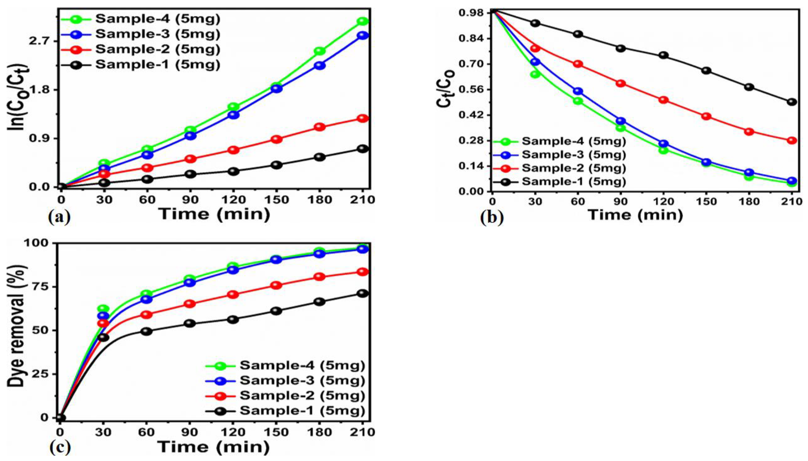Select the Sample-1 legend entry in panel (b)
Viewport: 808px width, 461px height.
[x=573, y=182]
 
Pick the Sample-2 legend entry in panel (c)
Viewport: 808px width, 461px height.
[x=302, y=395]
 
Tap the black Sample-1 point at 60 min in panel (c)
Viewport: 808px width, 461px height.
[x=146, y=332]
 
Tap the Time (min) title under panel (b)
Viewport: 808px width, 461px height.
[x=635, y=215]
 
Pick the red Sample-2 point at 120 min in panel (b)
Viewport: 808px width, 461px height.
[x=663, y=100]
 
